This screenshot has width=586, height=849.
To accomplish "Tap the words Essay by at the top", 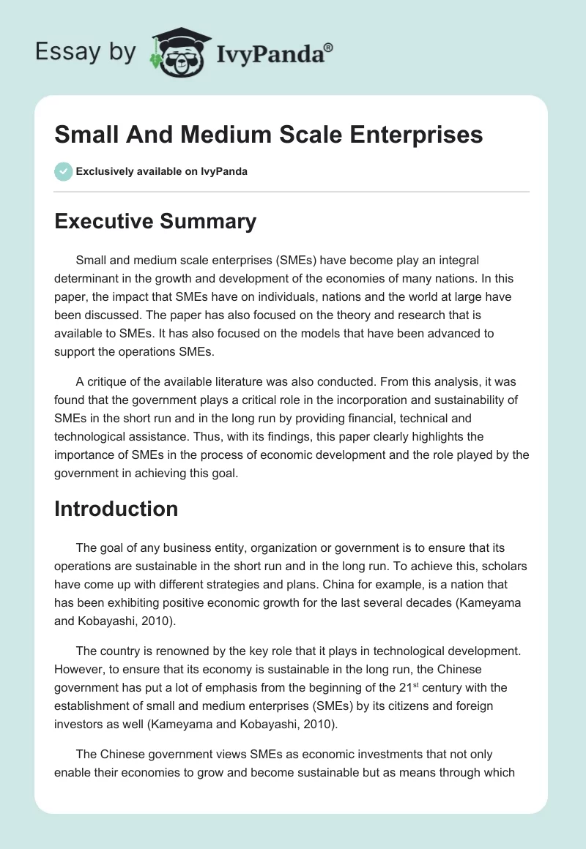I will (x=85, y=52).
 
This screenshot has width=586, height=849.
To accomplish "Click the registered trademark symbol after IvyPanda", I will (x=329, y=48).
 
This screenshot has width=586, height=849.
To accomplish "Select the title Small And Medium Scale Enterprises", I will (x=268, y=135).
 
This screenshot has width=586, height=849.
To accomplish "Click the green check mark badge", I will (x=63, y=171).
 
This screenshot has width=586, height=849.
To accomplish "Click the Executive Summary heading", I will (x=155, y=221).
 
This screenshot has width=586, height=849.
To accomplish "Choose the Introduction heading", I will (x=116, y=509).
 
